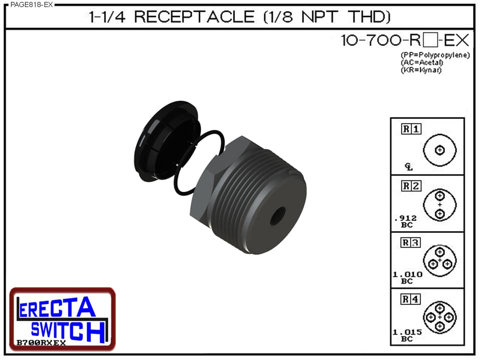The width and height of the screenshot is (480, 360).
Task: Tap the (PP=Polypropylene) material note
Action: pos(435,55)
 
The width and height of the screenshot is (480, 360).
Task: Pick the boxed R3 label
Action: pos(411,243)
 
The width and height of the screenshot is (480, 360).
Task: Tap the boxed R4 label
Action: pos(411,300)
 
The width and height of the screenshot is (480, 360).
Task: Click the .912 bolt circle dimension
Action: pos(405,221)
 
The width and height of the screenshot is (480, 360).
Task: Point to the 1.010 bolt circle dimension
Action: pos(407,278)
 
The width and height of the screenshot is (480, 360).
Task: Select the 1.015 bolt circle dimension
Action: pos(407,335)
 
